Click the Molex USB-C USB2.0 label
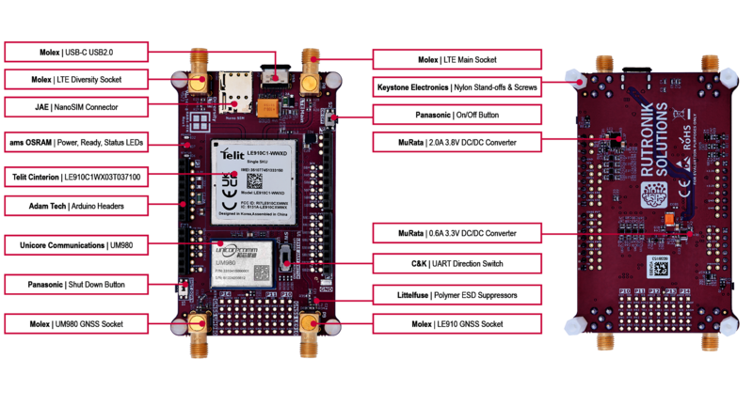tap(77, 50)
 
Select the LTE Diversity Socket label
tap(77, 79)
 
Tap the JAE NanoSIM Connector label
tap(77, 107)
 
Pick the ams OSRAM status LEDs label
tap(77, 144)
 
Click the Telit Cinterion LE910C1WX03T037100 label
tap(77, 176)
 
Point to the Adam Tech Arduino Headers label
tap(77, 204)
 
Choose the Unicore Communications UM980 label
tap(77, 245)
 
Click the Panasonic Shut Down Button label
tap(77, 284)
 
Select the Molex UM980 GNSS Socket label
tap(77, 324)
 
